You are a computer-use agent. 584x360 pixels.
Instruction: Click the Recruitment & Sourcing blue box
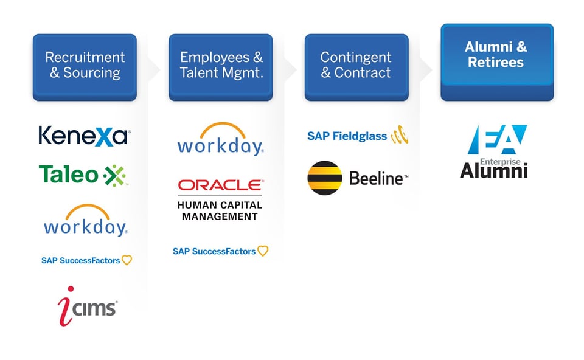[x=85, y=66]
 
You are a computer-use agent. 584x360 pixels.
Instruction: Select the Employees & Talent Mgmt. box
[x=221, y=66]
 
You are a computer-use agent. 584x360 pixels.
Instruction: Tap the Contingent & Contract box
[x=356, y=66]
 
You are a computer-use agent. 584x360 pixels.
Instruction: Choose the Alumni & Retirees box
[x=496, y=61]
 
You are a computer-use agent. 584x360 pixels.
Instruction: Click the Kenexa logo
[x=84, y=135]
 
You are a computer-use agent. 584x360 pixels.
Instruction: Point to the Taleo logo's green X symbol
[x=114, y=175]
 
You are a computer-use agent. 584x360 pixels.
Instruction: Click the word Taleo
[x=68, y=175]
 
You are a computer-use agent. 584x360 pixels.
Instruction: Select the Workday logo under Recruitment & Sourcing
[x=85, y=221]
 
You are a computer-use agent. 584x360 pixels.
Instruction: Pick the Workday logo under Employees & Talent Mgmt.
[x=220, y=139]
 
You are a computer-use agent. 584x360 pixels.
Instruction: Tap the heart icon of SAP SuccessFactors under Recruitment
[x=127, y=260]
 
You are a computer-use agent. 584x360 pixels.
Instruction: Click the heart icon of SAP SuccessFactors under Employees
[x=263, y=251]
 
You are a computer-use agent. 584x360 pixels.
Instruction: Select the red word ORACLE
[x=220, y=185]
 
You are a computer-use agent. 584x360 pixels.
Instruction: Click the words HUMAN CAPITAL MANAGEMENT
[x=220, y=210]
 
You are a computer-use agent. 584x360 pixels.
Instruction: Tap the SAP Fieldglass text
[x=347, y=136]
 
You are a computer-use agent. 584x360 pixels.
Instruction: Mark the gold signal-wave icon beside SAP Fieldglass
[x=399, y=136]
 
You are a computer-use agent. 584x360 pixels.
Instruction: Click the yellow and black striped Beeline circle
[x=324, y=178]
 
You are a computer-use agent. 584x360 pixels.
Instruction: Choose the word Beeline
[x=377, y=179]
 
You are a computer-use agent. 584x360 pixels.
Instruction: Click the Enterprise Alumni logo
[x=493, y=151]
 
